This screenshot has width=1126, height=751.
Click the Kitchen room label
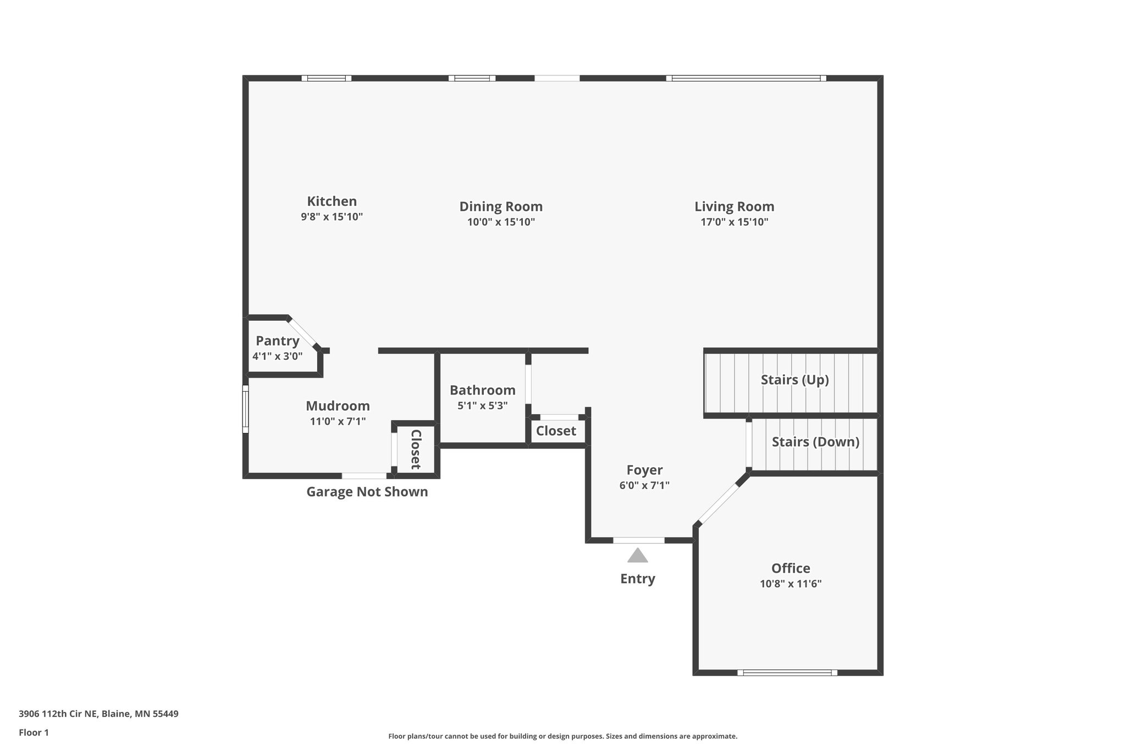pos(332,201)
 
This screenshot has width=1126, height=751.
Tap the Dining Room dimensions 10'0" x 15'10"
pos(501,222)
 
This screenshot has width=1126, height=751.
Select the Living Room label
pos(734,207)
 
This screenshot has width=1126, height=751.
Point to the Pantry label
pos(278,341)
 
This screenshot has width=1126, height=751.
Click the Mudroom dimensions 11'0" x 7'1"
pos(338,422)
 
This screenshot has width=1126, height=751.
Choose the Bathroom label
pos(482,391)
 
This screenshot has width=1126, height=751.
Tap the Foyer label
pos(644,470)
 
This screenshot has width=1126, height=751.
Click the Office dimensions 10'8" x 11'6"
pos(790,584)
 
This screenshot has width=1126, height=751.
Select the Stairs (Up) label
pos(794,380)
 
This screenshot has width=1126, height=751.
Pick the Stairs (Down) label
pos(815,442)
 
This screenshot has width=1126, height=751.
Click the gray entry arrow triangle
pos(638,556)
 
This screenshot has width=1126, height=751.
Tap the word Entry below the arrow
pos(638,579)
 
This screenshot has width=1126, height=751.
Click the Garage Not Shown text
pos(367,492)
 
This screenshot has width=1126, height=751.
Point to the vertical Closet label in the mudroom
pos(416,449)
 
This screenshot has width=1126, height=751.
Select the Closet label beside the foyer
pos(556,431)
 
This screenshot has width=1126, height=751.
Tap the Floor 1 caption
pos(34,733)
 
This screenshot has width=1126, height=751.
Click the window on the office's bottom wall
pos(787,672)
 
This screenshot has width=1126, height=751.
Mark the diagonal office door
pos(718,503)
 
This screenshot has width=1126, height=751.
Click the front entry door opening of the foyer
pos(638,540)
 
